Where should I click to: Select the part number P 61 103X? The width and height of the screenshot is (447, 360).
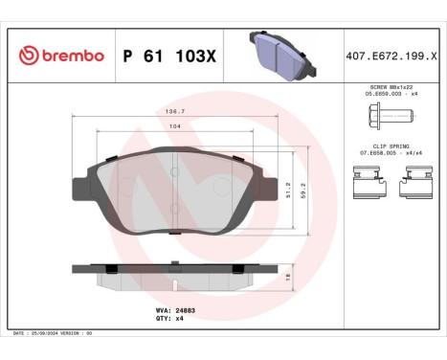pyautogui.click(x=170, y=56)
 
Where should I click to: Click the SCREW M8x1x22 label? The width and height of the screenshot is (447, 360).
pyautogui.click(x=388, y=87)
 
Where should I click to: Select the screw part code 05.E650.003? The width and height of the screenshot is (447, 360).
pyautogui.click(x=388, y=95)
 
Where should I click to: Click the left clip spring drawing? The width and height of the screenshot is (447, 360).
pyautogui.click(x=366, y=177)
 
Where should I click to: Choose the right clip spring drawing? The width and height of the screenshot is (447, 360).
pyautogui.click(x=416, y=177)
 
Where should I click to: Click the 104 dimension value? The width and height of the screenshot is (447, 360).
pyautogui.click(x=174, y=126)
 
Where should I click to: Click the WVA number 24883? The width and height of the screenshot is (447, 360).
pyautogui.click(x=175, y=311)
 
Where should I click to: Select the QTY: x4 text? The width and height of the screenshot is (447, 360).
pyautogui.click(x=168, y=320)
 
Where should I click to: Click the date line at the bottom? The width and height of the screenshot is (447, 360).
pyautogui.click(x=54, y=332)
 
